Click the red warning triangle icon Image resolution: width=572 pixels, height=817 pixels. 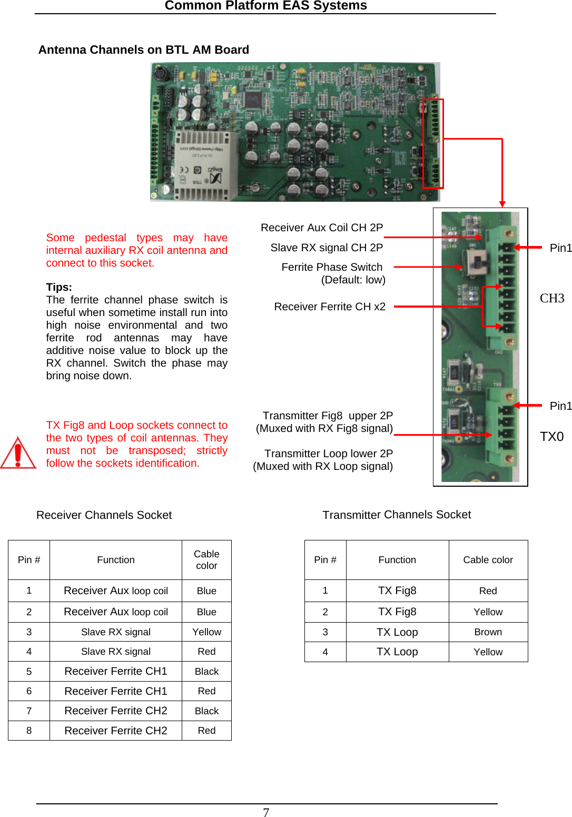click(18, 453)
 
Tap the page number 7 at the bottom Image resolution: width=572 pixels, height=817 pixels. click(266, 812)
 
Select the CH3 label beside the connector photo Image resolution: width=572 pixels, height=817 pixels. click(551, 298)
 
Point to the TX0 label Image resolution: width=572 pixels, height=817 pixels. click(551, 436)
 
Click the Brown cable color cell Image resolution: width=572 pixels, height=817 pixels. click(488, 632)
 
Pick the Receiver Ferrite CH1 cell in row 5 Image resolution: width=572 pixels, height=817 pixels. click(115, 671)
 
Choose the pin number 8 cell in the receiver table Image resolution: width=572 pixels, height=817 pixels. click(29, 731)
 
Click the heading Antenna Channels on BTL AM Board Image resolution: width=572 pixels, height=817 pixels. click(143, 50)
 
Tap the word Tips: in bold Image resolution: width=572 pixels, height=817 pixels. click(59, 287)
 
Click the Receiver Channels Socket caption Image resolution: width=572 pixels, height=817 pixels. click(104, 515)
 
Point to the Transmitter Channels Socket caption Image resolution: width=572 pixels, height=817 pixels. click(397, 515)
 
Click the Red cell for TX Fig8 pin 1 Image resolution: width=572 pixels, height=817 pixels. click(488, 591)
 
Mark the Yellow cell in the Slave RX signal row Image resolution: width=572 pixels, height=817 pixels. click(206, 632)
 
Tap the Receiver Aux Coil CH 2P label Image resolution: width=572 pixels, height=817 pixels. click(321, 228)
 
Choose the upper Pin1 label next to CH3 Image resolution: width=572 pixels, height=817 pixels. click(560, 248)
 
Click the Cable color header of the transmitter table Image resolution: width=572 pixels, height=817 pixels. click(488, 560)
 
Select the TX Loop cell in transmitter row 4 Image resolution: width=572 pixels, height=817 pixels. click(397, 652)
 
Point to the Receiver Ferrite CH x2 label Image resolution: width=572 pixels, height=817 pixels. click(330, 307)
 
